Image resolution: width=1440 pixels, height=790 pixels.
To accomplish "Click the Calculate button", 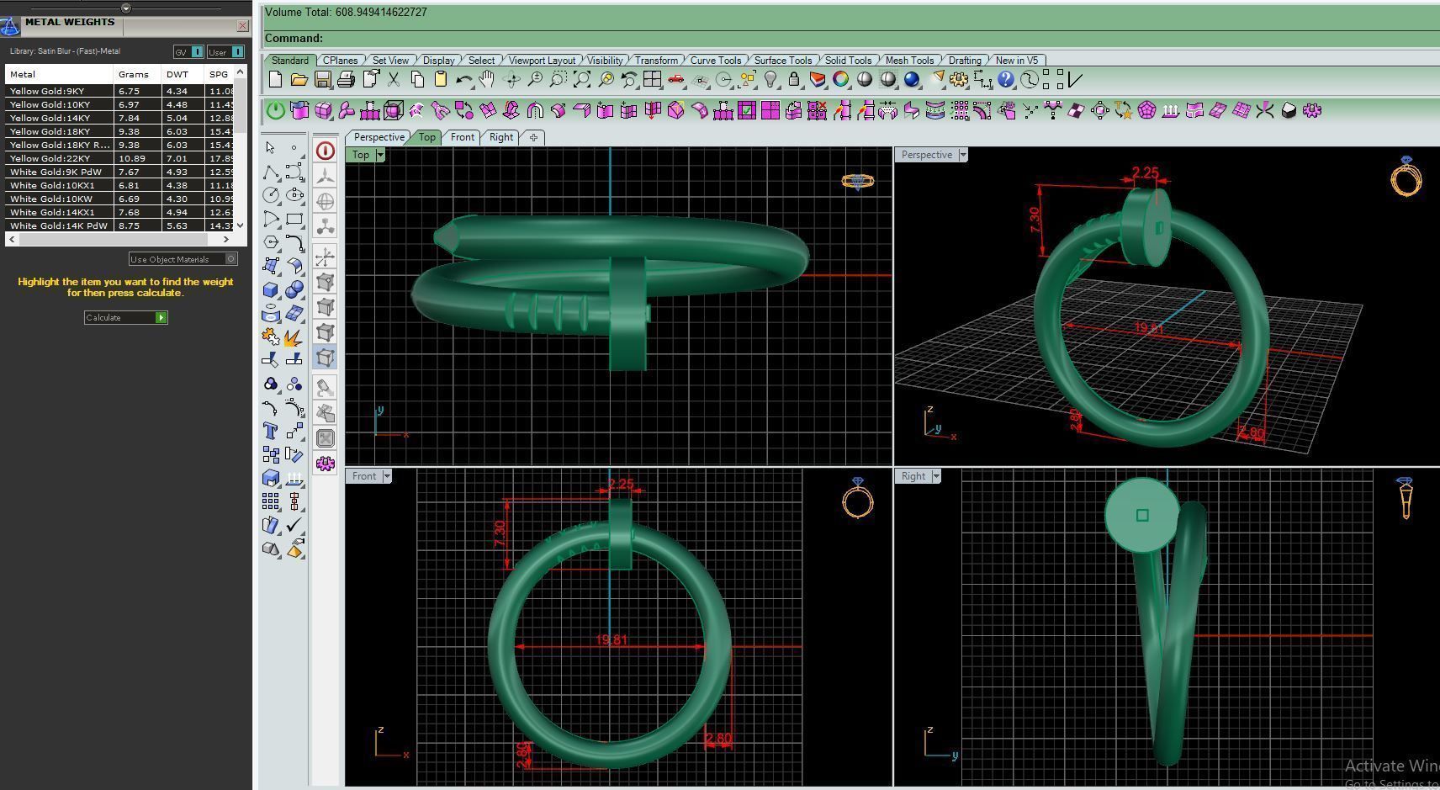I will pos(125,317).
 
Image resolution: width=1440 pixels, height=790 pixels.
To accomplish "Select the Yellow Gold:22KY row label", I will pos(50,158).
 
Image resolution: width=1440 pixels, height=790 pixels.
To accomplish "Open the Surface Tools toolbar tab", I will pos(782,61).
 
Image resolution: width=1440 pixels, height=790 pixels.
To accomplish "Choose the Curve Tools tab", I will pos(715,61).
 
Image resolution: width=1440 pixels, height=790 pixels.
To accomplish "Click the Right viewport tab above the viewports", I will pos(500,137).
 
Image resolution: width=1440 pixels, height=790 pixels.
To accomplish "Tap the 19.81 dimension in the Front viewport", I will pos(611,640).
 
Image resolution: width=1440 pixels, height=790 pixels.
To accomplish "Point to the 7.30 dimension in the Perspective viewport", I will pos(1035,220).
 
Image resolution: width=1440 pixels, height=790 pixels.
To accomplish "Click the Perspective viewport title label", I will pos(926,155).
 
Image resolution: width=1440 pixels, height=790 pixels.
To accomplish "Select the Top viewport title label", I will pos(361,155).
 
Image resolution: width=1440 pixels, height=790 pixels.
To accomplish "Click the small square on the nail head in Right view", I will pos(1141,515).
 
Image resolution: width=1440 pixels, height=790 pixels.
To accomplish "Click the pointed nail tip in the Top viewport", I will pos(440,238).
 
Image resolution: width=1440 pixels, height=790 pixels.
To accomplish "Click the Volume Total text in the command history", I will pos(346,13).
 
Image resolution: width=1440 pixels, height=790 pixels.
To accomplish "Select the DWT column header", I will pos(177,74).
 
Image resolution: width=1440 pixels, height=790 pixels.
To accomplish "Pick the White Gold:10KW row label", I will pos(51,199).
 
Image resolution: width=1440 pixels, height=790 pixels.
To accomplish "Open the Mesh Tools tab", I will pos(908,61).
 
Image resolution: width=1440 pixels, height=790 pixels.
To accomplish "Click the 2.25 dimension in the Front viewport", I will pos(621,484).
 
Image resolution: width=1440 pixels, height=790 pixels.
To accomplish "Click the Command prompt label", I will pos(294,38).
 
